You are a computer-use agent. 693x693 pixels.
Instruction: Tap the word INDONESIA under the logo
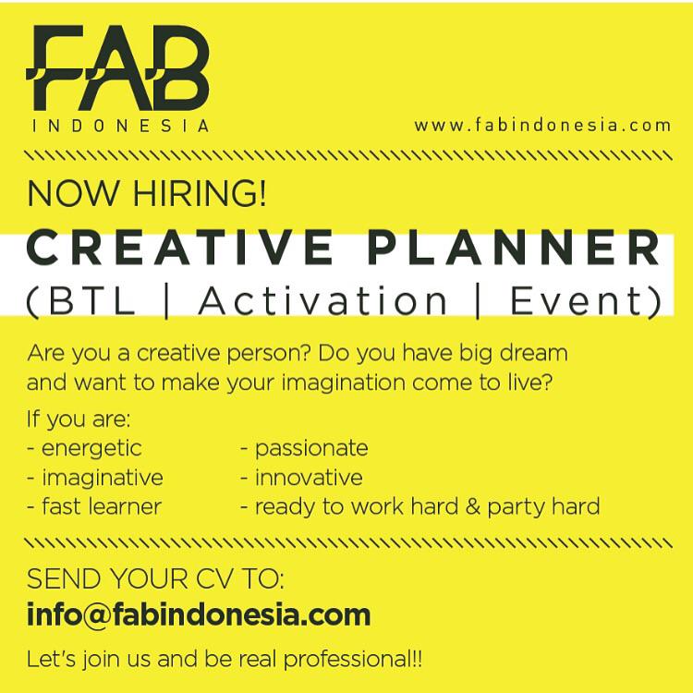[119, 127]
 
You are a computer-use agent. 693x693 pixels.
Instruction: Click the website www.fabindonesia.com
[542, 126]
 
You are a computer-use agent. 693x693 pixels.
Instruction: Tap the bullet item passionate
[310, 449]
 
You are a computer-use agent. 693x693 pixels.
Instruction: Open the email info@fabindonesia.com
[199, 614]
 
